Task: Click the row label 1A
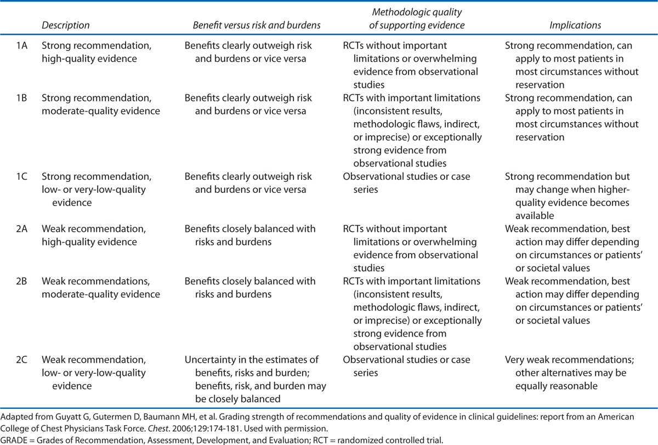[22, 45]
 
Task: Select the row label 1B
[22, 99]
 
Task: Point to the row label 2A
[22, 229]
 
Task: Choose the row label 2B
[22, 282]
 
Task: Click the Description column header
[65, 25]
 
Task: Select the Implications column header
[576, 25]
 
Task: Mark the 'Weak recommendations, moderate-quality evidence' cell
[100, 288]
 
